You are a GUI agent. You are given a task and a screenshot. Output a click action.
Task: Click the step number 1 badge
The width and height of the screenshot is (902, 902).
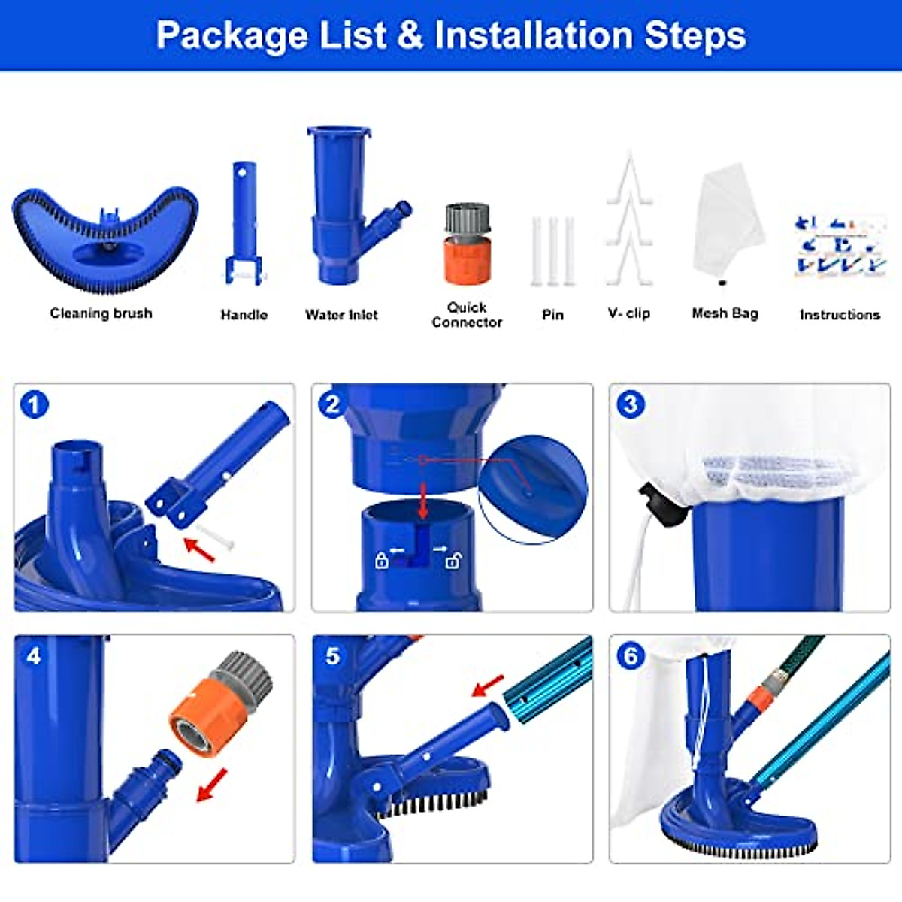coord(33,405)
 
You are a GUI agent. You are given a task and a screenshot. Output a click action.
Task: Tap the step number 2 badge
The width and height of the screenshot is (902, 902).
coord(331,405)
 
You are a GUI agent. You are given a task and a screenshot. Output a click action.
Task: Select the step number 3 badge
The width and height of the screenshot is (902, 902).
coord(630,405)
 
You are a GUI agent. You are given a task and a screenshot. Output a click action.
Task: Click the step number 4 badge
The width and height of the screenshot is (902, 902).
coord(33,656)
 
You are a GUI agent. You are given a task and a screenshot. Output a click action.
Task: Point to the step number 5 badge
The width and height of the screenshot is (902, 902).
coord(332,656)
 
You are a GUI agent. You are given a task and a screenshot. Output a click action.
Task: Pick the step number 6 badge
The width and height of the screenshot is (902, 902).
coord(630,656)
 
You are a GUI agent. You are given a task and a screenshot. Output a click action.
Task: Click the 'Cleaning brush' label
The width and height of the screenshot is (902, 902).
coord(101,313)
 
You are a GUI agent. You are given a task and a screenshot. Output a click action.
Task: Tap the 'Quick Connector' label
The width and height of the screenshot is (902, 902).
coord(467,315)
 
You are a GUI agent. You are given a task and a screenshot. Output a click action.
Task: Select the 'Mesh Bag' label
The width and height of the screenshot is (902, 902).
coord(725,313)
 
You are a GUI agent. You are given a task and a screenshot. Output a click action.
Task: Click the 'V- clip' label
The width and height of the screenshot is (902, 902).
coord(629,313)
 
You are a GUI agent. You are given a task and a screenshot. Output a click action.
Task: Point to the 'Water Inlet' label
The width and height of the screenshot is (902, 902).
coord(341,315)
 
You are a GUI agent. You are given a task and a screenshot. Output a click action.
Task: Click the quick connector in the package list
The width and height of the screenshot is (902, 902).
coord(467,244)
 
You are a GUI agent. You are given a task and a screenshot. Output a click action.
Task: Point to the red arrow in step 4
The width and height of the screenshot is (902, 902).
coord(211,785)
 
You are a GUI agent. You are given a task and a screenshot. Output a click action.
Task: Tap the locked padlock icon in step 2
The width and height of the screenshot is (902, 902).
coord(382,560)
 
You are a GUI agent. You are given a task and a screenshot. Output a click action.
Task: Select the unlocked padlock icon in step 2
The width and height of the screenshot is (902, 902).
coord(453,560)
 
